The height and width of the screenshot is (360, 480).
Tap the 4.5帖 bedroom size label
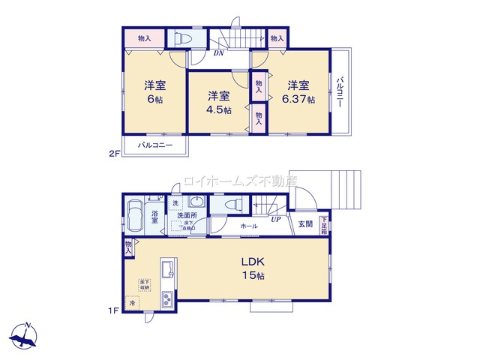219,109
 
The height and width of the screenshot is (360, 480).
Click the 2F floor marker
114,154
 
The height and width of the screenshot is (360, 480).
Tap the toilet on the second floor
184,38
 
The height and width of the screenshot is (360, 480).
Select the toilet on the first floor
232,204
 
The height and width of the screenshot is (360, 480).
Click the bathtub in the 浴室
136,217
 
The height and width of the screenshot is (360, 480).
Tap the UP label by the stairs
276,220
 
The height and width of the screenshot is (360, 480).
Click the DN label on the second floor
219,53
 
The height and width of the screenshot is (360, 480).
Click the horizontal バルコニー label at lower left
155,145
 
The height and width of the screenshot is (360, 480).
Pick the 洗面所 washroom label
187,216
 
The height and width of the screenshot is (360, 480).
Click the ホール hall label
249,225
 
